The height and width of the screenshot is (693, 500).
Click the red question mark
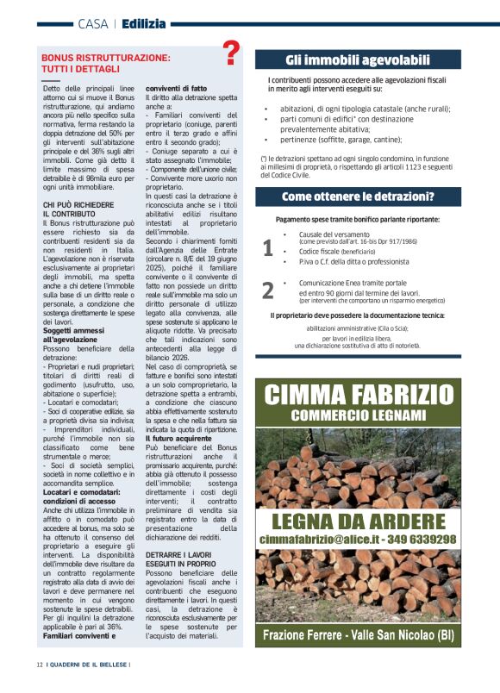[x=231, y=53]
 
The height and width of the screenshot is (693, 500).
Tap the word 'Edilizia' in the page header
[x=144, y=23]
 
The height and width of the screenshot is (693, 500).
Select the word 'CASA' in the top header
[x=92, y=23]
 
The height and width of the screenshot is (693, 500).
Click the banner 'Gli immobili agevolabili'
[x=358, y=60]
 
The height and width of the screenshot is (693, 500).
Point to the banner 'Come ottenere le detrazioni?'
[x=358, y=197]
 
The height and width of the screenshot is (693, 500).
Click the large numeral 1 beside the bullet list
[x=267, y=248]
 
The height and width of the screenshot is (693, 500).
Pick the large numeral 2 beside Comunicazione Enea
[x=267, y=290]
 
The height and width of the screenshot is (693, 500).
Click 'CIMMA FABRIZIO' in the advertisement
[x=358, y=396]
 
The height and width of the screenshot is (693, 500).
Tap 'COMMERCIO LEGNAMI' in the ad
[x=358, y=415]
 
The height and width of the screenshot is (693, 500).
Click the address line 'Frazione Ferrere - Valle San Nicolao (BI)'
[x=358, y=636]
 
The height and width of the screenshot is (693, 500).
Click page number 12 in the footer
[x=40, y=665]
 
